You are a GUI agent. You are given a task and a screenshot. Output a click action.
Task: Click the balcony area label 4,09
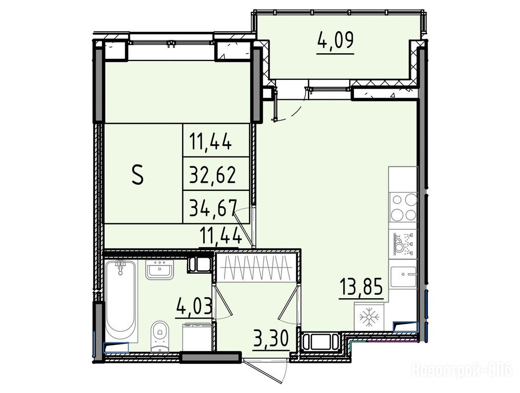[335, 40]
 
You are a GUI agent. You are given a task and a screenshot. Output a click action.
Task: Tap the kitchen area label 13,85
[361, 287]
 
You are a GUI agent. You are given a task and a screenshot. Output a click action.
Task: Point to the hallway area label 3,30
[271, 339]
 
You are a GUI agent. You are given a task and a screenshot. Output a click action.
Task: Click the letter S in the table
[137, 174]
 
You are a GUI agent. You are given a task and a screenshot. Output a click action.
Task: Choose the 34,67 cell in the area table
[213, 207]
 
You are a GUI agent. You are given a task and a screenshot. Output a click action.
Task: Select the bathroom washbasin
[159, 270]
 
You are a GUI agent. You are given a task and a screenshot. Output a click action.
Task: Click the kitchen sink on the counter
[403, 274]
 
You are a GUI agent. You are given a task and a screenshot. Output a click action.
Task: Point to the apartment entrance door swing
[269, 372]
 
